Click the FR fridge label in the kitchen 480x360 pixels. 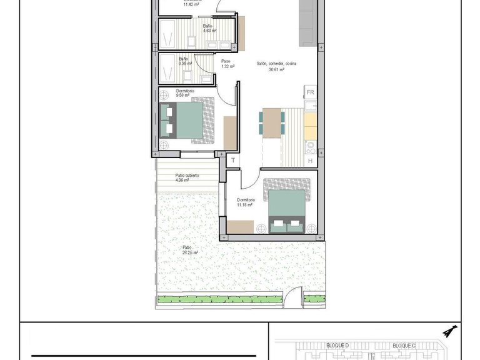[310, 92]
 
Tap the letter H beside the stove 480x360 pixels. [311, 161]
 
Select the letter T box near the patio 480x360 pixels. [233, 161]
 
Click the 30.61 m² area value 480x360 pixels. [276, 70]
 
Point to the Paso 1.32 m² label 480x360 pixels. [227, 64]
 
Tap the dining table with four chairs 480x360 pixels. [272, 122]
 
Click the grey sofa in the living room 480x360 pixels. [307, 22]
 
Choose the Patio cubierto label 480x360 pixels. [187, 176]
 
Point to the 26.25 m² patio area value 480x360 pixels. [190, 252]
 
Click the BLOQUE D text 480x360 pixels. [337, 346]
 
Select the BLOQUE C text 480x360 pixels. [404, 346]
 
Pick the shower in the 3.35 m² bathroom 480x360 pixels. [167, 69]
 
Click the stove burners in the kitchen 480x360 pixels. [310, 147]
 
